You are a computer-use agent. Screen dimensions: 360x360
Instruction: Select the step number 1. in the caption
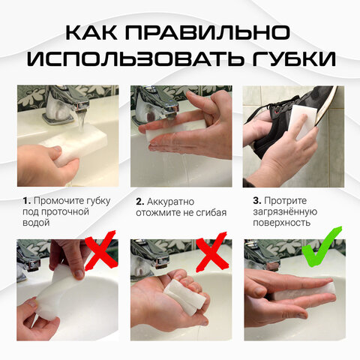[x=26, y=201]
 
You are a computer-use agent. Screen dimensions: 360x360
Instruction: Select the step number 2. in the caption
[x=139, y=201]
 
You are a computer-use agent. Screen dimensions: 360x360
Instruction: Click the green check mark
[x=323, y=252]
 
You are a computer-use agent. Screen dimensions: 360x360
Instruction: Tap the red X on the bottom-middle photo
[x=213, y=253]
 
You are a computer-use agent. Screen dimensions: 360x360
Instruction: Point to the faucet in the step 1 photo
[x=64, y=101]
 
